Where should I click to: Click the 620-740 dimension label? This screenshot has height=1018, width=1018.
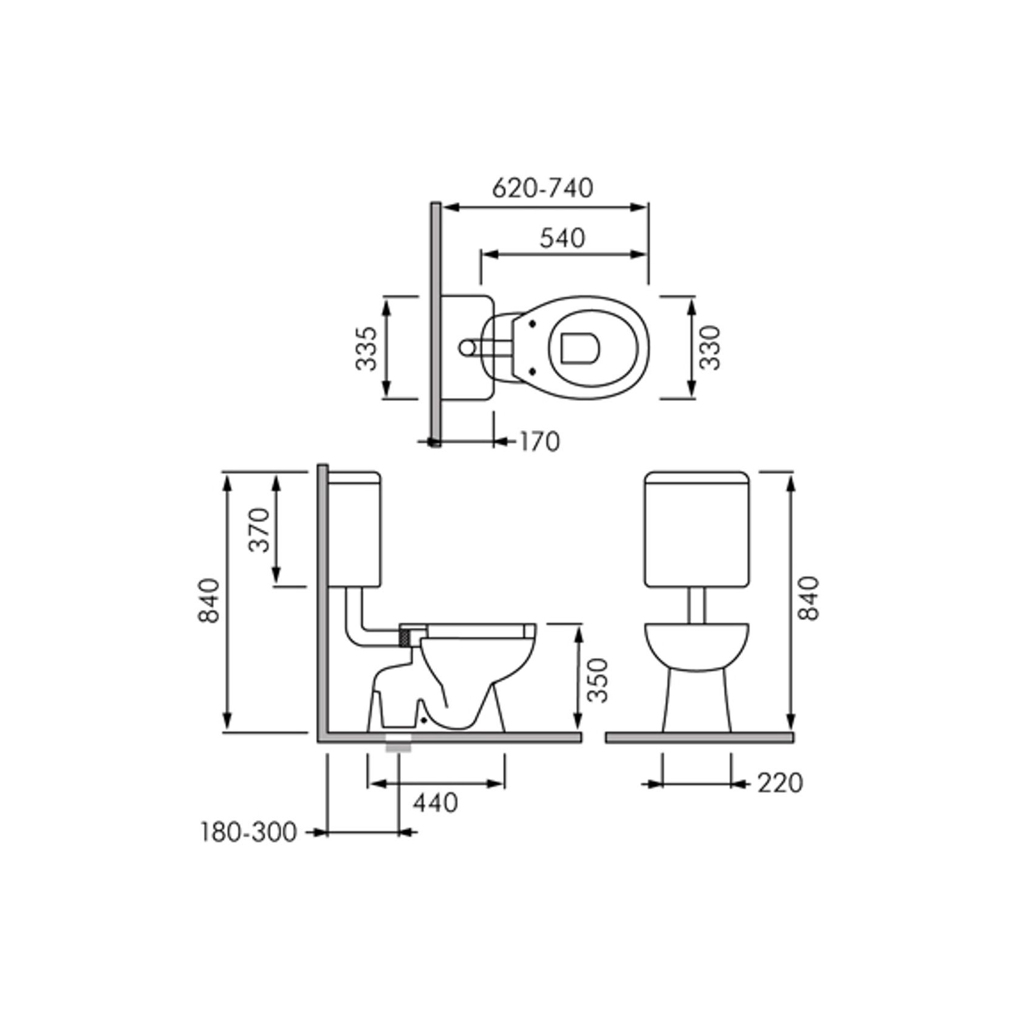[542, 188]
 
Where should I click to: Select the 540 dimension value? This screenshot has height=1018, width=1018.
[562, 238]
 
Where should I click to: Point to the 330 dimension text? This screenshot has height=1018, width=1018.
[709, 348]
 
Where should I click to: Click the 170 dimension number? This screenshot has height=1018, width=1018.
[539, 442]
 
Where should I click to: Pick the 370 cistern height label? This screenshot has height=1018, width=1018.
[259, 530]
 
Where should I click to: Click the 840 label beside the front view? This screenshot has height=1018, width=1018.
[809, 598]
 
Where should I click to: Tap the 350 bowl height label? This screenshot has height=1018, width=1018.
[599, 680]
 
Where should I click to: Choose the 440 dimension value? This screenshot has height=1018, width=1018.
[436, 803]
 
